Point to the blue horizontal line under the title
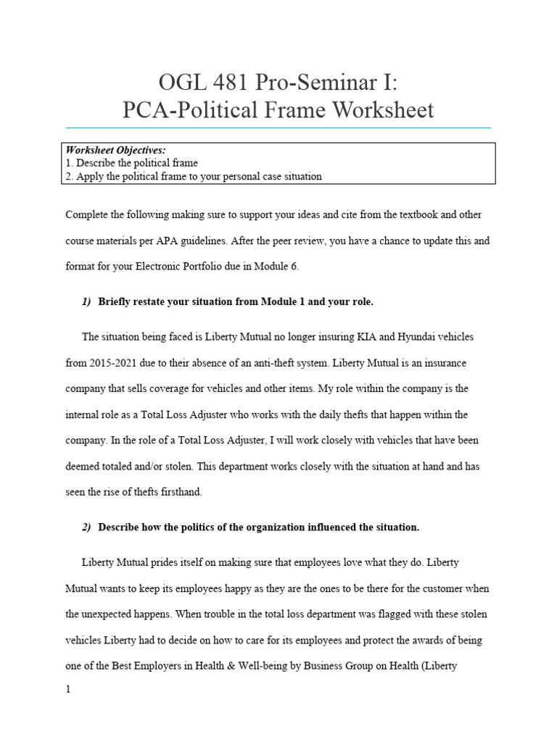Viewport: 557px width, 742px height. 278,128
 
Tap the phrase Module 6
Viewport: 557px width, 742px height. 276,266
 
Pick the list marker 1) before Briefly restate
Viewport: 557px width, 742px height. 86,301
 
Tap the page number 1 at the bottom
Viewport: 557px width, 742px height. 68,690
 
